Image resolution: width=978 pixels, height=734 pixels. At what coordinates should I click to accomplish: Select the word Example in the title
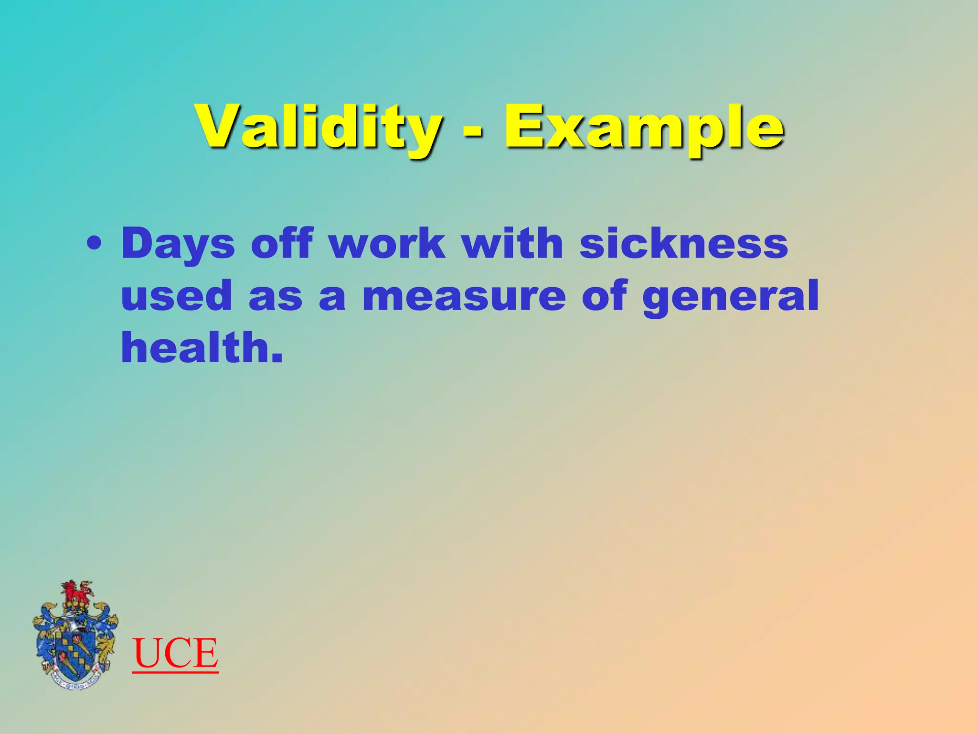[644, 128]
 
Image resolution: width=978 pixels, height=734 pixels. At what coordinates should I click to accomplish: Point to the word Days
[178, 244]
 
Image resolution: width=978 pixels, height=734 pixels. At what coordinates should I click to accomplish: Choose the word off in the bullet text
[282, 243]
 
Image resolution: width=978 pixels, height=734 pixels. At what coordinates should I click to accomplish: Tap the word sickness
[683, 243]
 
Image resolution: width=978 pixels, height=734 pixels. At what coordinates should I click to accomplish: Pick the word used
[176, 296]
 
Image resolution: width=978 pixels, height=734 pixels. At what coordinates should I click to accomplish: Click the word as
[276, 297]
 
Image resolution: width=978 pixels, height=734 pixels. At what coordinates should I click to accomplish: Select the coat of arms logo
[75, 636]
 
